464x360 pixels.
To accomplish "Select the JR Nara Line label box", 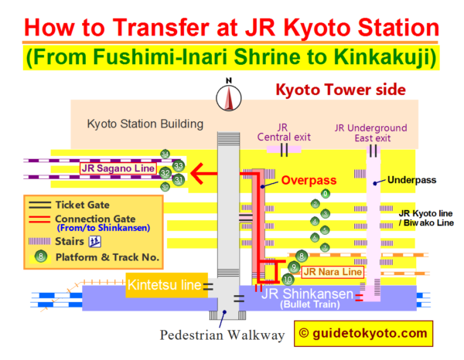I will click(x=333, y=271).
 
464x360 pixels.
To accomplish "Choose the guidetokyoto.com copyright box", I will click(x=363, y=333).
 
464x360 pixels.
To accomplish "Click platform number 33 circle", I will click(x=179, y=165).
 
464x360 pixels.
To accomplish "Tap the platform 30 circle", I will click(x=165, y=187).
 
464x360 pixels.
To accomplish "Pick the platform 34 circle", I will click(x=165, y=154).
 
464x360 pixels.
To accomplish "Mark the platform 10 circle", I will click(x=288, y=279).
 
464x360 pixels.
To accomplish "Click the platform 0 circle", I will click(x=326, y=193).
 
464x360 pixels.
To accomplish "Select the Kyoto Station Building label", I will click(x=145, y=124).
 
